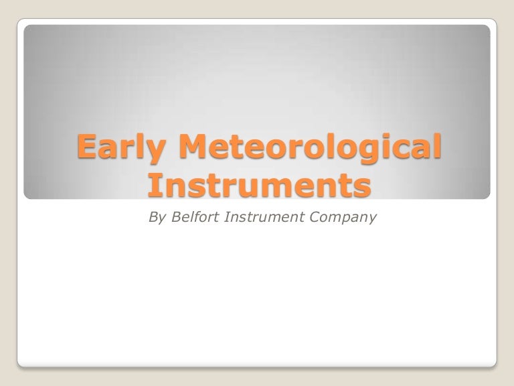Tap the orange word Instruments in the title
coord(257,185)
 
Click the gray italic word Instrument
coord(258,217)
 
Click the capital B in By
coord(151,217)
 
